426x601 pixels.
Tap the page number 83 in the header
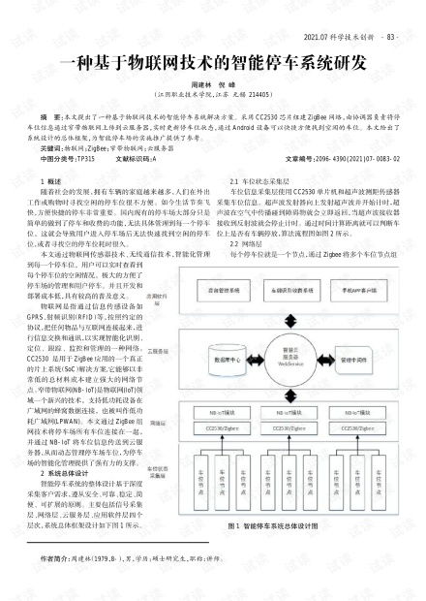390,39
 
